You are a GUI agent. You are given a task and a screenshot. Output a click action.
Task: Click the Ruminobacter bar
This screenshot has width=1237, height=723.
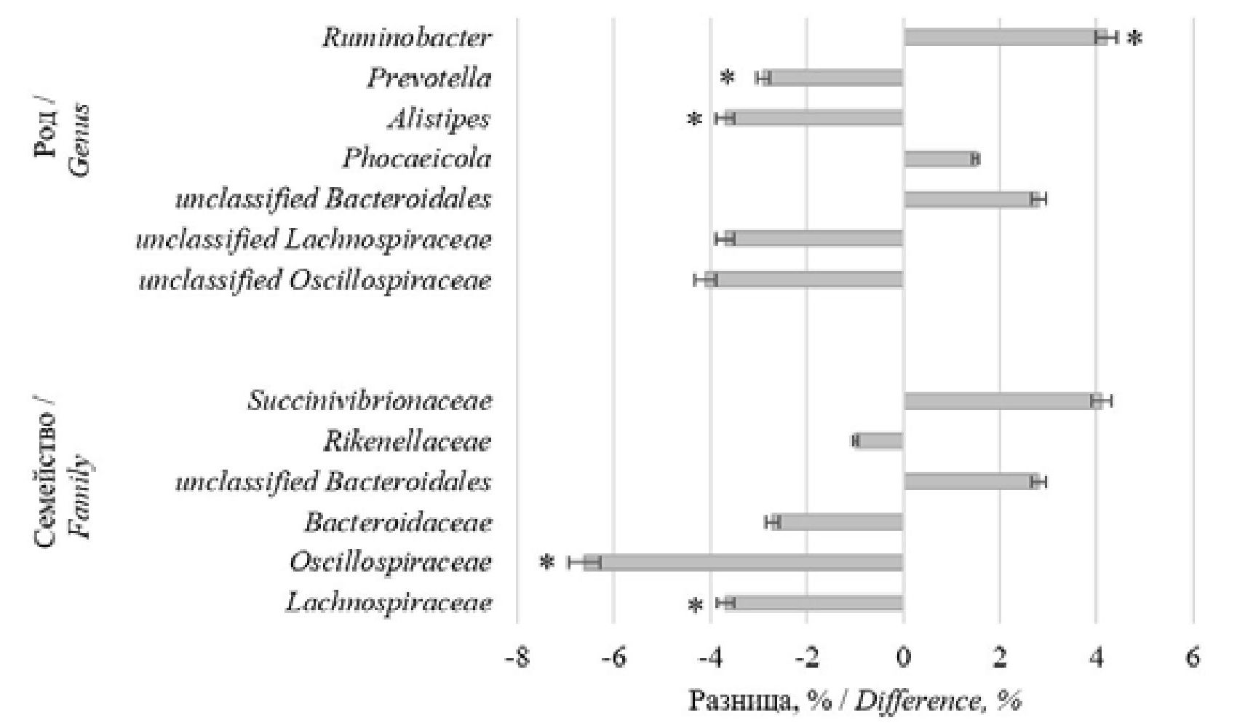coord(1004,37)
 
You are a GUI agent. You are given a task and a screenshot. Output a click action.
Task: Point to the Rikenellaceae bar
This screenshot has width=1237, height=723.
coord(879,440)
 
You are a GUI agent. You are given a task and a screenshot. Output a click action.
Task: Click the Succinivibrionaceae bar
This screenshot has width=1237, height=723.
coord(1001,400)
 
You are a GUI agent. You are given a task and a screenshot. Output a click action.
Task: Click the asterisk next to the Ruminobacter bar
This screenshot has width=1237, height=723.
coord(1134,39)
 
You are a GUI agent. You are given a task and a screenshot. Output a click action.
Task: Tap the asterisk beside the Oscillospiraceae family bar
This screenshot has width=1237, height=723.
coord(547,563)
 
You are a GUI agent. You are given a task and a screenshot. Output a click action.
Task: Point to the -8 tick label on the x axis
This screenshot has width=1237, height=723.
coord(517,659)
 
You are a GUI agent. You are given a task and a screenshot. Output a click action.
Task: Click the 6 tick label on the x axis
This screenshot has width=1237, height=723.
coord(1193,659)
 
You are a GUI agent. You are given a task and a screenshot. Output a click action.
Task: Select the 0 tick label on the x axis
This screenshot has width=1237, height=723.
coord(903,659)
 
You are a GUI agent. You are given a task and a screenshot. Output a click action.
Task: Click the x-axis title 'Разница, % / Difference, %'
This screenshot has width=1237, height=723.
coord(855,700)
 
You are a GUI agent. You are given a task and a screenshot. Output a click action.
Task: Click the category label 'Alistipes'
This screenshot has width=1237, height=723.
coord(439,119)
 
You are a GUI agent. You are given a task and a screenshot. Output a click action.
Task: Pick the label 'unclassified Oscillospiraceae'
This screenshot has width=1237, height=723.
coord(315,280)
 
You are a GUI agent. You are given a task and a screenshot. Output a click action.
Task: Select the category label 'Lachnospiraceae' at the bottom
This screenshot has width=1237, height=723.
coord(389,603)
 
